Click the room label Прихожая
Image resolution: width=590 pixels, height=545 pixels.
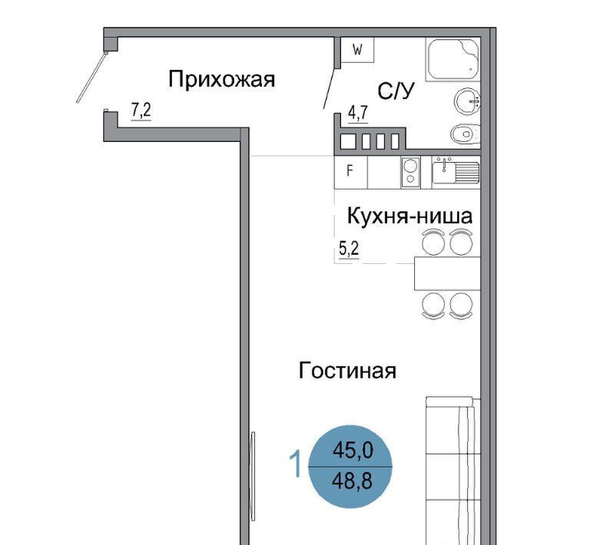tap(221, 79)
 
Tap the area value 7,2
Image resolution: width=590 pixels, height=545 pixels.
tap(141, 111)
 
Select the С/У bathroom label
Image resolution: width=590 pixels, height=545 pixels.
tap(396, 91)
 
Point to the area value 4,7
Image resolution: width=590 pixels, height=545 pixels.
tap(358, 113)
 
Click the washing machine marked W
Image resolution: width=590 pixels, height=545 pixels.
tap(357, 50)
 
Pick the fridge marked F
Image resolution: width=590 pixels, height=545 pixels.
tap(350, 172)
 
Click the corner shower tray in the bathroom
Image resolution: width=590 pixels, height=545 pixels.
tap(453, 59)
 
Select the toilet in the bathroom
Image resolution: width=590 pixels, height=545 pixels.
tap(466, 134)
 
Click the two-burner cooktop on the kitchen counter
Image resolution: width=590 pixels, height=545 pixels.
tap(410, 172)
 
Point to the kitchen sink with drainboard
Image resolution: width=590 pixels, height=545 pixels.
tap(456, 171)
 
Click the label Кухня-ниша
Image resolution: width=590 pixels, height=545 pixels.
tap(409, 216)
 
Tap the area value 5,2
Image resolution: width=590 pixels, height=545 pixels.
tap(350, 249)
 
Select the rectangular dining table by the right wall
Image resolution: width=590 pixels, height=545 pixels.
tap(447, 273)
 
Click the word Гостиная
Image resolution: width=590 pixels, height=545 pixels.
tap(347, 371)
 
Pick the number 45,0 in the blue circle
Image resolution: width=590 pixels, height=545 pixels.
tap(353, 450)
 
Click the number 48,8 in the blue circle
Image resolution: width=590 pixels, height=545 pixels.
tap(352, 481)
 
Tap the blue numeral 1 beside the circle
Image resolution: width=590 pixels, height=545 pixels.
tap(296, 464)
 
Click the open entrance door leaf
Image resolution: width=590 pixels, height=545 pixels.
tap(92, 77)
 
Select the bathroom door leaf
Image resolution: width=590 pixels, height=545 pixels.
tap(330, 89)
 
